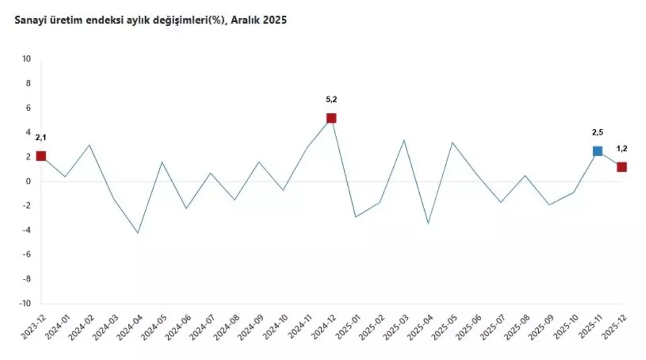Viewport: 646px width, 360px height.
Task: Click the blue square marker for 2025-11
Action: [597, 151]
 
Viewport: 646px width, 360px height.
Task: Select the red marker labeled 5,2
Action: [331, 118]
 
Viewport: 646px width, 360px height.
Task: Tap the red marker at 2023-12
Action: [41, 156]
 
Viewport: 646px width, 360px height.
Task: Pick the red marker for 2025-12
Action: [621, 167]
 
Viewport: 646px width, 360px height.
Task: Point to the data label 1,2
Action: [621, 148]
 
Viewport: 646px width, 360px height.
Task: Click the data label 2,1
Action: [41, 138]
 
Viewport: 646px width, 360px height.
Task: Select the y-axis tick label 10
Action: [26, 59]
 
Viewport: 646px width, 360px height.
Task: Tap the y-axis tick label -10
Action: [25, 303]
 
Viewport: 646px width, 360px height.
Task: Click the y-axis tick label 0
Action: [28, 181]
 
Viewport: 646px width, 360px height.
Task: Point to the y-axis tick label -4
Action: [26, 230]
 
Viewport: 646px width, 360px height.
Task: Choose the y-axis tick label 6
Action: [28, 108]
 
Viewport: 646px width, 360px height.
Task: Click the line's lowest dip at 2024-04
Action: [138, 233]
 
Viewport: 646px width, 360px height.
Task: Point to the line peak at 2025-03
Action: [404, 140]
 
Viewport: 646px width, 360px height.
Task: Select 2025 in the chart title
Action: [276, 20]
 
